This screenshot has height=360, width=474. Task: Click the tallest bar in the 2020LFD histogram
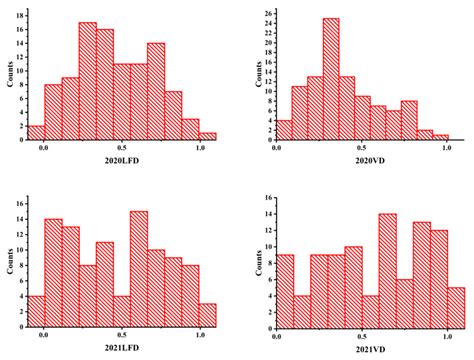[88, 81]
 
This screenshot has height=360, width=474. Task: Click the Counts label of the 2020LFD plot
[11, 74]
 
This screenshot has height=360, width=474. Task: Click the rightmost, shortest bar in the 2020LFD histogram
[207, 135]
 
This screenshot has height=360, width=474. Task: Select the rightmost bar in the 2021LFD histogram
[207, 315]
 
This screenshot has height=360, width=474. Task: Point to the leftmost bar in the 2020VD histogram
[283, 130]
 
